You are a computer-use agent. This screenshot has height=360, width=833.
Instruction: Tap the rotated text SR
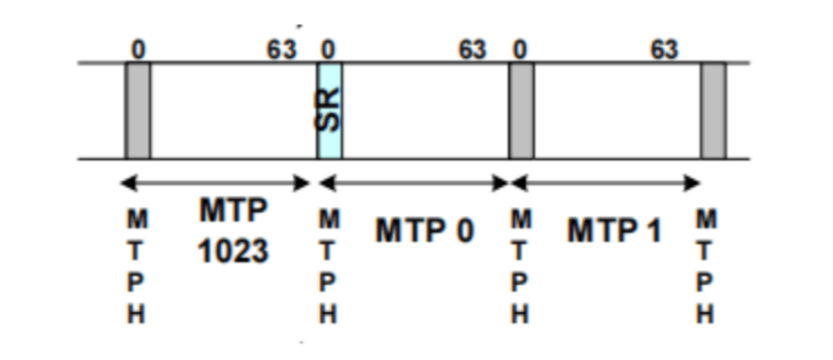pyautogui.click(x=329, y=109)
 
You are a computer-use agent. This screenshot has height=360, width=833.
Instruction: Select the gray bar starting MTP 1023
pyautogui.click(x=137, y=110)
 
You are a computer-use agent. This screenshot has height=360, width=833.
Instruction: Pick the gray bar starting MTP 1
pyautogui.click(x=521, y=110)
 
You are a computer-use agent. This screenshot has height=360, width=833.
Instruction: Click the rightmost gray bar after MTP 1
pyautogui.click(x=713, y=110)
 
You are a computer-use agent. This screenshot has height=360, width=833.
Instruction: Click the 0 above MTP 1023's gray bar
pyautogui.click(x=139, y=48)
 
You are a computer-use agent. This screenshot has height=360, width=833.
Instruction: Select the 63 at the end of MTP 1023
pyautogui.click(x=282, y=48)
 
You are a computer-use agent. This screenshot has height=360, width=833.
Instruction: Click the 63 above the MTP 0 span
pyautogui.click(x=473, y=48)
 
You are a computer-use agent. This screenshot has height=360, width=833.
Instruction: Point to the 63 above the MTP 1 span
pyautogui.click(x=664, y=48)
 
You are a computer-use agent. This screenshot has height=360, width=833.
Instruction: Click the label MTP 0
pyautogui.click(x=424, y=232)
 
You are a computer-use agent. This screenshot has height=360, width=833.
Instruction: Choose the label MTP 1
pyautogui.click(x=614, y=232)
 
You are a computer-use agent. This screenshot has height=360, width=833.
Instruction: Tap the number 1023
pyautogui.click(x=232, y=251)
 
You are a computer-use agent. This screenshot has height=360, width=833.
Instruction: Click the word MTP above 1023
pyautogui.click(x=234, y=212)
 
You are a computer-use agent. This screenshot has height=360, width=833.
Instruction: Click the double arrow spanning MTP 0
pyautogui.click(x=414, y=183)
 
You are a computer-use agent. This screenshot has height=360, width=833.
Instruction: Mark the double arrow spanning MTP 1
pyautogui.click(x=605, y=183)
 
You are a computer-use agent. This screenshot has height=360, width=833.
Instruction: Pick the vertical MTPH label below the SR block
pyautogui.click(x=329, y=267)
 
